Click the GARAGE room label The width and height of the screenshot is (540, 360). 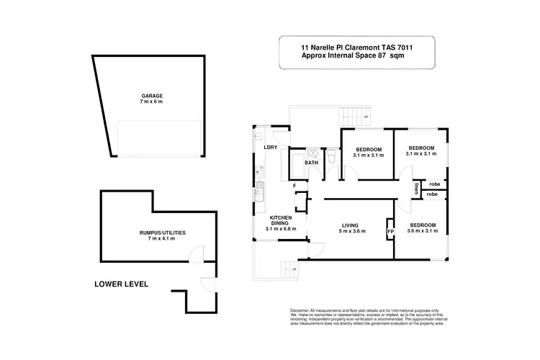tap(151, 95)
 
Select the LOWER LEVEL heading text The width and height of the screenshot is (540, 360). tap(121, 284)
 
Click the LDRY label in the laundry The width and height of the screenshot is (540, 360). tap(271, 148)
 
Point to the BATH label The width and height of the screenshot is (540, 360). tap(311, 163)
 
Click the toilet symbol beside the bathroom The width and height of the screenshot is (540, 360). tap(330, 156)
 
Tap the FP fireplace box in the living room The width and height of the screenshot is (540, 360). tap(390, 232)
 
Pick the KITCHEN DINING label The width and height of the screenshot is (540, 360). tap(280, 220)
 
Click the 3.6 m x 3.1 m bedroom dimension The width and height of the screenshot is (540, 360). tap(427, 231)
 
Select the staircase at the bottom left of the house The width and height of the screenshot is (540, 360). tap(287, 268)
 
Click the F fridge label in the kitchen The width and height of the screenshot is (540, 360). tap(294, 186)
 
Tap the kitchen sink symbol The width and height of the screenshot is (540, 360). tap(259, 192)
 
